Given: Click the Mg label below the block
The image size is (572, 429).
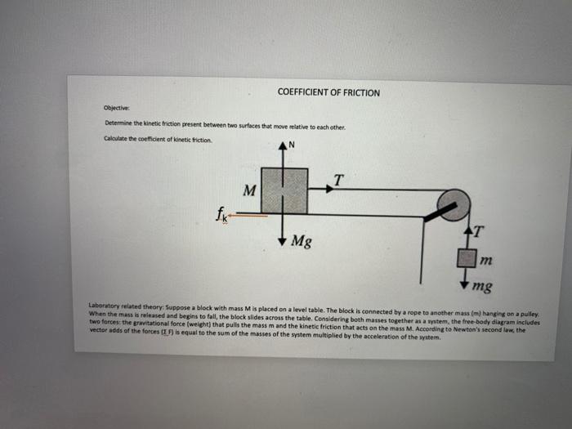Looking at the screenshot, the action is [x=302, y=243].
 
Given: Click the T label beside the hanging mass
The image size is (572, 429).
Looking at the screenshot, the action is [x=478, y=231].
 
